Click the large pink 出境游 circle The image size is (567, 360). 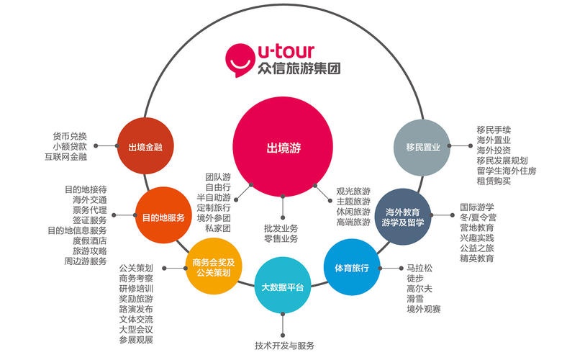tap(283, 147)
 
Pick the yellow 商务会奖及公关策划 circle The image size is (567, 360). tap(212, 268)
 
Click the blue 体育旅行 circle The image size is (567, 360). tap(351, 268)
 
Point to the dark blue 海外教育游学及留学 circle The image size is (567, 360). tap(404, 217)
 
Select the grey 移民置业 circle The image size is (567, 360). tap(422, 148)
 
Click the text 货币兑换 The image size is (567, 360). tap(69, 136)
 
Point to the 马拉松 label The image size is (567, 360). tap(419, 269)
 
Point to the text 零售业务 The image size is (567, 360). tap(281, 238)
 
